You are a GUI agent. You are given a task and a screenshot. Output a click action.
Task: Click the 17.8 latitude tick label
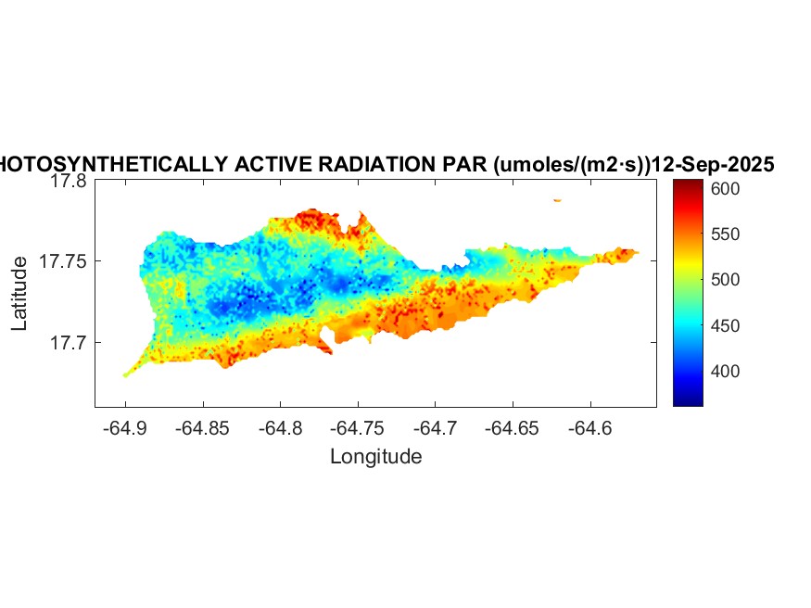(69, 182)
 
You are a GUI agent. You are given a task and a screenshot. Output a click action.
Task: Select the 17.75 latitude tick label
(64, 262)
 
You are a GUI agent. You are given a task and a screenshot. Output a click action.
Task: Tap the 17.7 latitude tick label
(69, 343)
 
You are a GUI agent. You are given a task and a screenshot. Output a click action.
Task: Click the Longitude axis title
(375, 456)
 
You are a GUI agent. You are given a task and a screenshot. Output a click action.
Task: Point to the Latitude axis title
(19, 295)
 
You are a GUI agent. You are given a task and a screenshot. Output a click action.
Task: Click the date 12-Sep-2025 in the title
(714, 165)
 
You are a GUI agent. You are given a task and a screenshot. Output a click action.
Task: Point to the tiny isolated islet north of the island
(557, 199)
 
